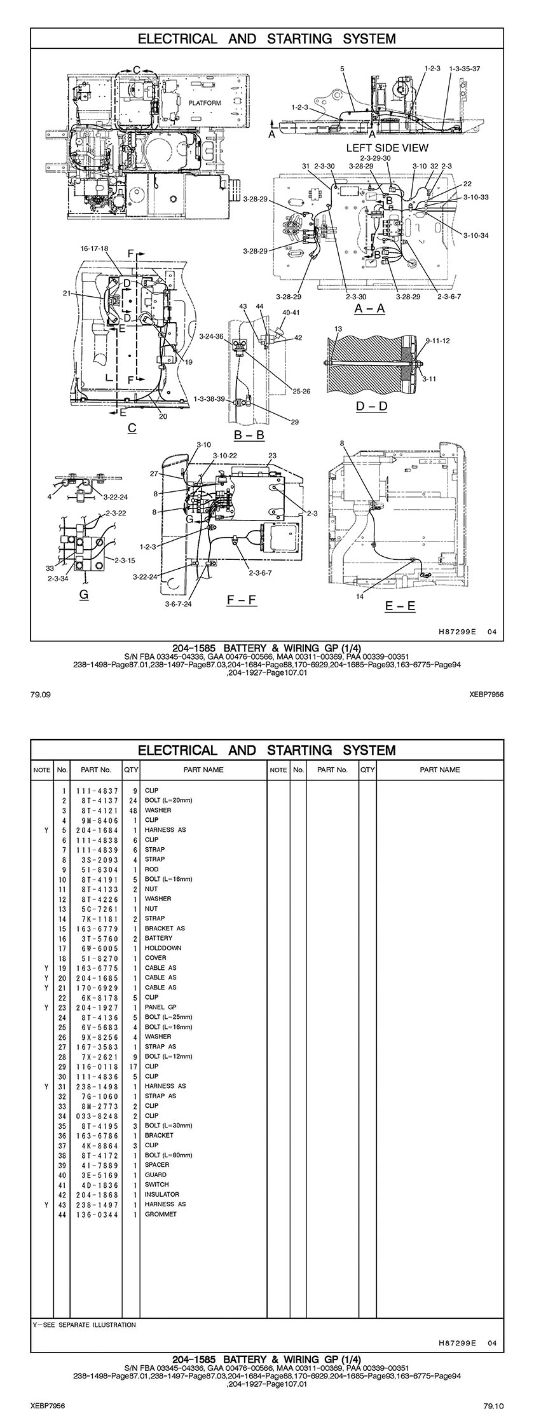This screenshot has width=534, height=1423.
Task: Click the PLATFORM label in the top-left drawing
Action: pyautogui.click(x=204, y=103)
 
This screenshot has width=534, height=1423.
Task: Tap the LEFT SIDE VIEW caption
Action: pyautogui.click(x=387, y=147)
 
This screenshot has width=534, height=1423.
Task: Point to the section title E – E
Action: pyautogui.click(x=400, y=606)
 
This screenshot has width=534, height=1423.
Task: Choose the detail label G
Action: pyautogui.click(x=83, y=595)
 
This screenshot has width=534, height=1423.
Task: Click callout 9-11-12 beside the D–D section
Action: pyautogui.click(x=437, y=341)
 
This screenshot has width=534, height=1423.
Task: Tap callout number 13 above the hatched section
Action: pyautogui.click(x=338, y=329)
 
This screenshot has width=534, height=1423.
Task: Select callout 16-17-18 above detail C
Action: pyautogui.click(x=94, y=248)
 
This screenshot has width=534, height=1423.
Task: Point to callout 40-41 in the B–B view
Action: pyautogui.click(x=291, y=313)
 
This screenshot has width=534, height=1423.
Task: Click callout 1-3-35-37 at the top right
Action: pyautogui.click(x=464, y=69)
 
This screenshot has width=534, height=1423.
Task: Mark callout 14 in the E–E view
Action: pyautogui.click(x=360, y=596)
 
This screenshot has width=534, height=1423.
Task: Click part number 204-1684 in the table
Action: pyautogui.click(x=93, y=830)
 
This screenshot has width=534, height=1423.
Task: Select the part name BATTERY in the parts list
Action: pyautogui.click(x=158, y=938)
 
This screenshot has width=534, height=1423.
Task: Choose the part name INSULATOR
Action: pyautogui.click(x=161, y=1194)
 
